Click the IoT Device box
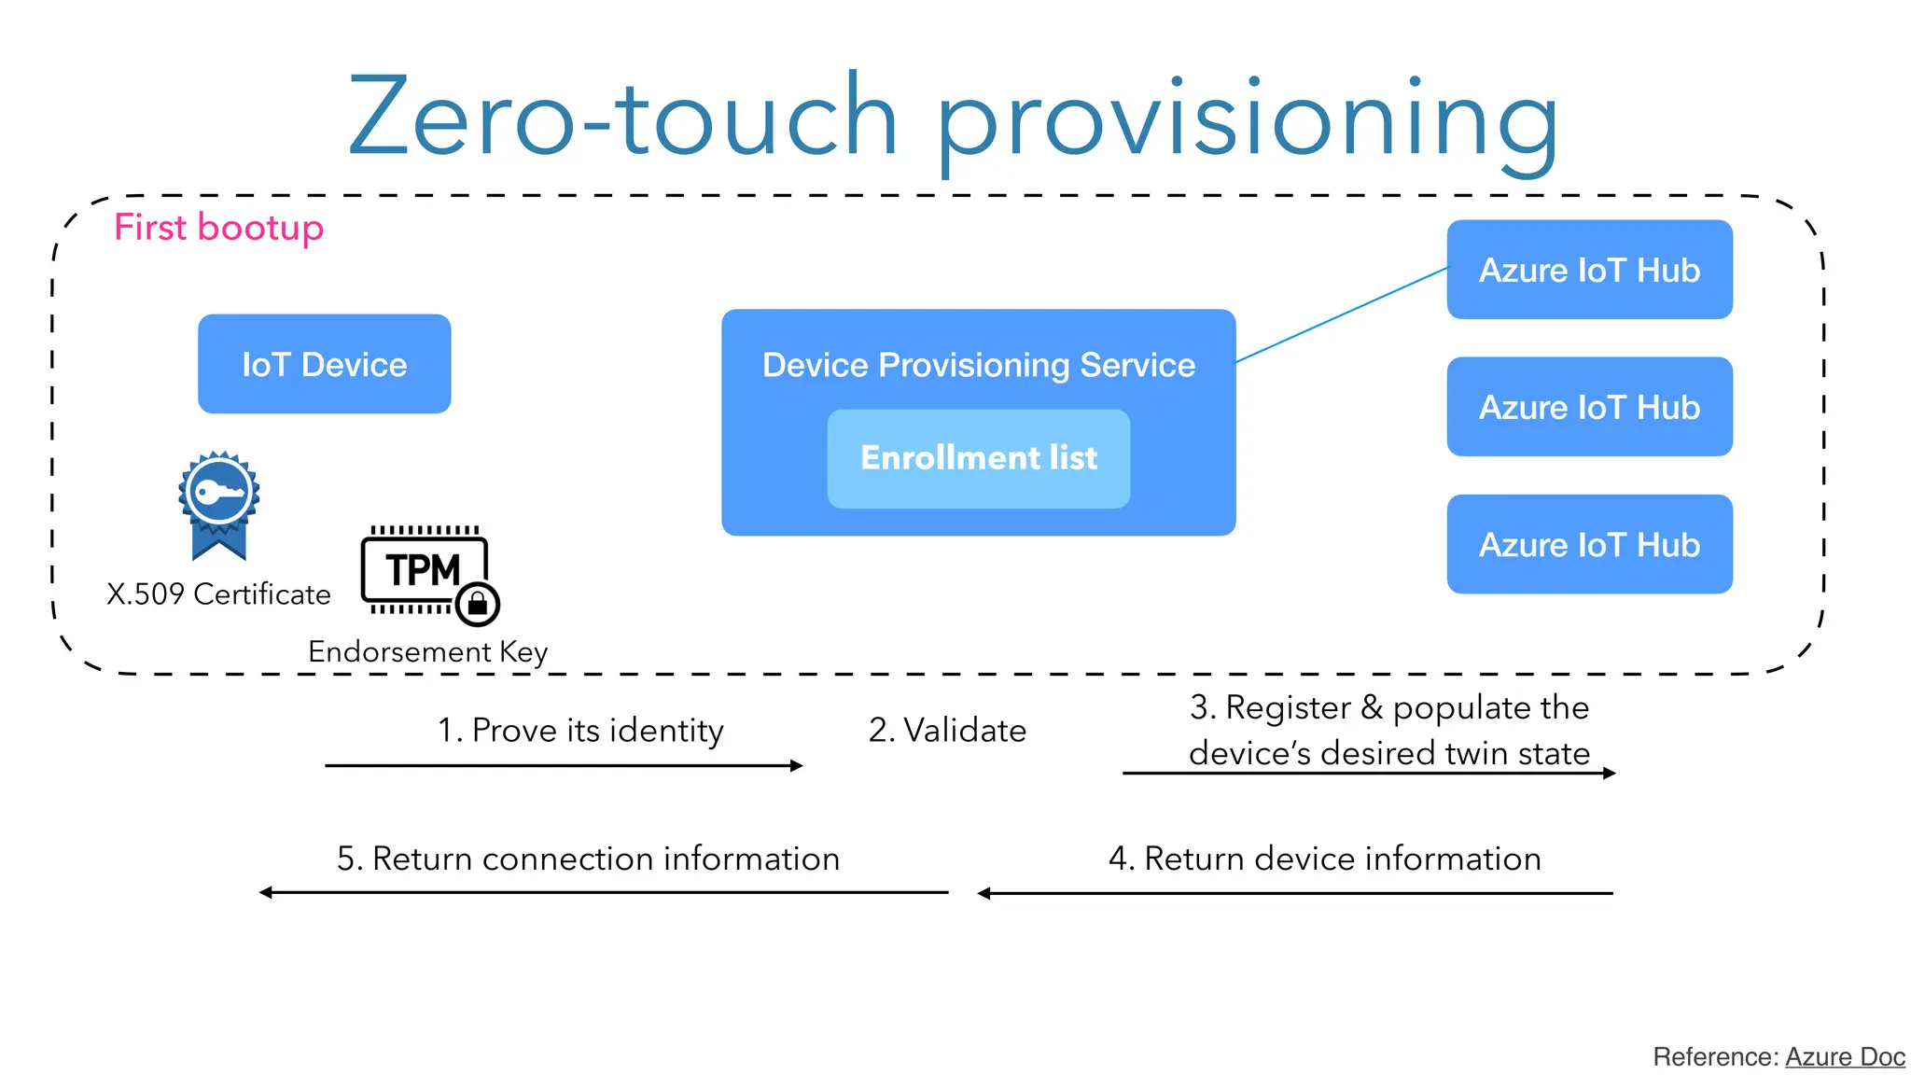click(324, 364)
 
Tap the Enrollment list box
click(978, 458)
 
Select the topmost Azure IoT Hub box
click(1589, 270)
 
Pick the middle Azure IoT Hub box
click(1589, 407)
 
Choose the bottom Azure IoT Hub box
click(1589, 544)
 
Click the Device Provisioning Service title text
click(978, 365)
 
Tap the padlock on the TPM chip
click(479, 604)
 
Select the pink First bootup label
click(218, 228)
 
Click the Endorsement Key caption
click(427, 651)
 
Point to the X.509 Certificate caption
click(218, 594)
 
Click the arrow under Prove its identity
click(564, 765)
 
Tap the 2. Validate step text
click(947, 730)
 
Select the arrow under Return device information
click(1295, 893)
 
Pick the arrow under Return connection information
click(604, 892)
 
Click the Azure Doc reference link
click(1845, 1056)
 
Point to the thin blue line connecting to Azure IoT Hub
click(1341, 314)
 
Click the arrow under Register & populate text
click(1369, 773)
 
